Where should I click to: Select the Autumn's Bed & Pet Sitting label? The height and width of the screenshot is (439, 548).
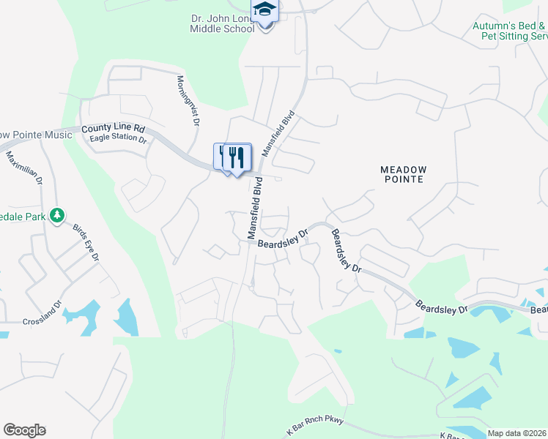coord(510,31)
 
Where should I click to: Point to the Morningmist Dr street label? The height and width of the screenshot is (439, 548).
coord(187,101)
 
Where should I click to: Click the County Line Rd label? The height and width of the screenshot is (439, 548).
coord(114,129)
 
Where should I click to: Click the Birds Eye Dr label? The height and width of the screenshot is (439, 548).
coord(86,243)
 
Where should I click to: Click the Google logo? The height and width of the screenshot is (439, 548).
coord(24,430)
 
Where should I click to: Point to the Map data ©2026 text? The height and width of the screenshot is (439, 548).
coord(516,433)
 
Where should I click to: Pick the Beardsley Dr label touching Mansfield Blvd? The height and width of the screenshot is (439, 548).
coord(282,238)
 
